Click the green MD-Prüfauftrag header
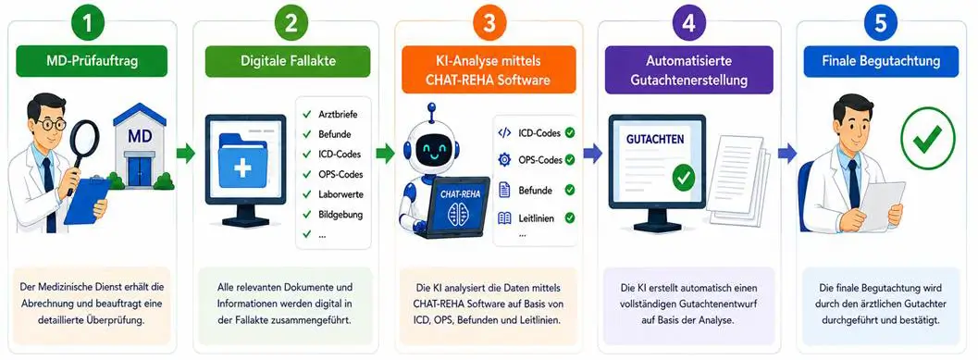click(x=92, y=61)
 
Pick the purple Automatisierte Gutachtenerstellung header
click(x=688, y=70)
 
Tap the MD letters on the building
click(x=139, y=136)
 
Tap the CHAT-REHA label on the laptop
click(x=458, y=194)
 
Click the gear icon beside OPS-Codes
click(x=504, y=160)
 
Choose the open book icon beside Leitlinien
click(x=504, y=218)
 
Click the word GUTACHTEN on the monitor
click(x=655, y=139)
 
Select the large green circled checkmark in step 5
click(x=928, y=139)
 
